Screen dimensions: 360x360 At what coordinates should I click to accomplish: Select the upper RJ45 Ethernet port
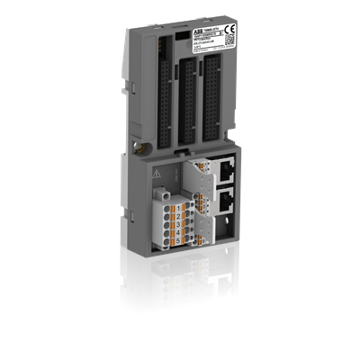pos(226,167)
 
